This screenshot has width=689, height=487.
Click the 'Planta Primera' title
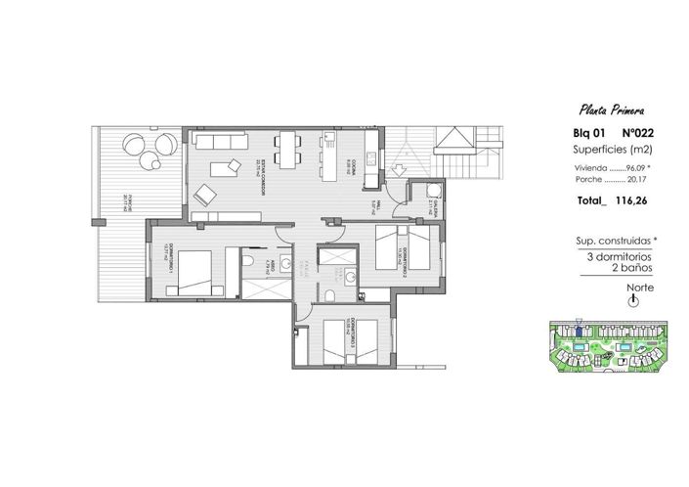pos(611,110)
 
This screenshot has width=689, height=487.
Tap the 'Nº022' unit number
pos(633,133)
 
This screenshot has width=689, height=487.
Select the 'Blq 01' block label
pos(588,133)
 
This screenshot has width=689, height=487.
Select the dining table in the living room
pos(285,147)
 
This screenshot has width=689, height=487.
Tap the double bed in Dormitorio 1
pos(192,271)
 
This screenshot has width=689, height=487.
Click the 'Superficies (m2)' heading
pos(611,150)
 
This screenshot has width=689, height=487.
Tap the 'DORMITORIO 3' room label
pos(355,338)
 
